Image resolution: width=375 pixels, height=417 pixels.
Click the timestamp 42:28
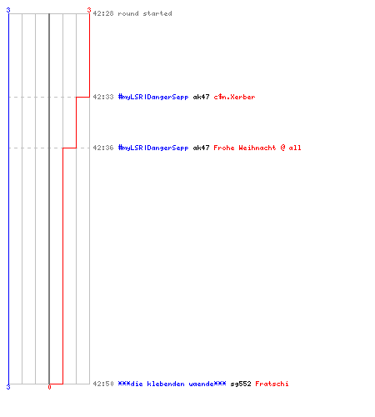pos(103,13)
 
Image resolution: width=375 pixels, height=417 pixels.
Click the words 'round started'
pos(145,13)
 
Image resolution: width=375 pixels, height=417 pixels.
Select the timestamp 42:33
pos(103,97)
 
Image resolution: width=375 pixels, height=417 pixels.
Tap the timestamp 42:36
pos(103,148)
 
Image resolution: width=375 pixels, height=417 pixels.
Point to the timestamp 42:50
pos(103,384)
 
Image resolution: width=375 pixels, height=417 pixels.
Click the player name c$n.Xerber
pos(234,97)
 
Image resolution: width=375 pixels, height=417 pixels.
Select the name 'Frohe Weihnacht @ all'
pos(257,148)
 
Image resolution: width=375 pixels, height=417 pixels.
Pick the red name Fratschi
pos(272,384)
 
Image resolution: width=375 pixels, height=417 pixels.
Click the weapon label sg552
pos(241,384)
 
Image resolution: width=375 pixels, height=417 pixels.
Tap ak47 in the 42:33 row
pos(201,97)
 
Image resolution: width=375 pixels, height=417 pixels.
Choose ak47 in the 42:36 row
pos(201,148)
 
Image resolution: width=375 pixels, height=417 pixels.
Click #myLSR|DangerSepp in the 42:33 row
pos(153,97)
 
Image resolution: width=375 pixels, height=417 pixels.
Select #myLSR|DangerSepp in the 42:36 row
pos(153,148)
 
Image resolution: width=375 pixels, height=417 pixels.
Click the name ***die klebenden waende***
pos(172,384)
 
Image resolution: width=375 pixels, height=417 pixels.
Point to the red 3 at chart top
pos(89,10)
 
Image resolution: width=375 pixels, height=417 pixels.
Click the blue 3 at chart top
pos(8,10)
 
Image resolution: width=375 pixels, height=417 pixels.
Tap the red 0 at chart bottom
pos(49,387)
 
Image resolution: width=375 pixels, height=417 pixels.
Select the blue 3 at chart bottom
pos(8,387)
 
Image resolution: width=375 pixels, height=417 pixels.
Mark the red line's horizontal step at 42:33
pos(82,97)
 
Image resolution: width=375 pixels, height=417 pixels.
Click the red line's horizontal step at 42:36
pos(69,148)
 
